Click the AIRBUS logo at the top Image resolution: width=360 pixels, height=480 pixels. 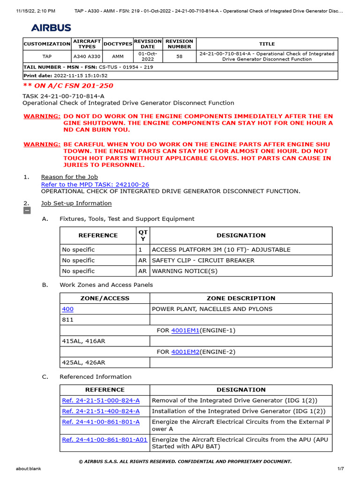pos(51,28)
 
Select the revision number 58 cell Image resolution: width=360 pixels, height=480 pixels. pos(179,56)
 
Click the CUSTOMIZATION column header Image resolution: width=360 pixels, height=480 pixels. pos(47,44)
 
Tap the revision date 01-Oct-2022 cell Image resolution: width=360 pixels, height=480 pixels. pos(148,56)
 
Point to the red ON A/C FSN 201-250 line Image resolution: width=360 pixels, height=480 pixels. pos(68,86)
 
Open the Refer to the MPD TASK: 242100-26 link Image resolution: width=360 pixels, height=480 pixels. pos(95,185)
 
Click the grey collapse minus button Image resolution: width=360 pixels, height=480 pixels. pos(27,211)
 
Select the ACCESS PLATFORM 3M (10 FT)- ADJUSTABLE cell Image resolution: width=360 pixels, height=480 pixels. pos(221,250)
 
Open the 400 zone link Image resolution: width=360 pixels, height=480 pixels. pos(67,309)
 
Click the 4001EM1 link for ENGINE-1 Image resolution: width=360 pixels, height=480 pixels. pos(185,330)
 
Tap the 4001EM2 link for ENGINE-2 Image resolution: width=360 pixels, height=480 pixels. pos(185,352)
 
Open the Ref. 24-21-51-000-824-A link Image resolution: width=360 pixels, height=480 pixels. pos(101,401)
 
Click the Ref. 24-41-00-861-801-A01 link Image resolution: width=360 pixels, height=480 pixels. pos(105,440)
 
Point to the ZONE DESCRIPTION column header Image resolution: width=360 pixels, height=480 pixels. pos(241,298)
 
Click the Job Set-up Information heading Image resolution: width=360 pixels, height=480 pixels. pos(76,203)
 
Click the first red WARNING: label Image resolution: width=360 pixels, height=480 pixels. pos(42,116)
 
